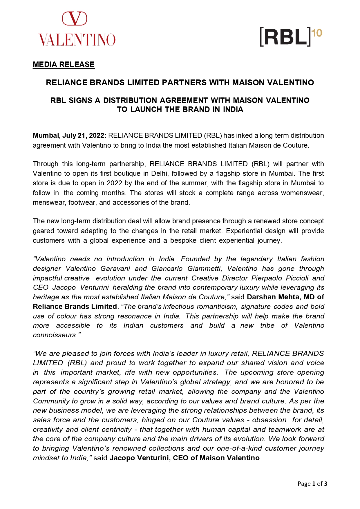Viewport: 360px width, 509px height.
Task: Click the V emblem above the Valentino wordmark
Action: (x=75, y=19)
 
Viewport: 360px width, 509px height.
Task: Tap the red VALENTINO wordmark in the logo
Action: (x=77, y=40)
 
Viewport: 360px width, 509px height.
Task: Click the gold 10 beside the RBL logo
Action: (x=318, y=33)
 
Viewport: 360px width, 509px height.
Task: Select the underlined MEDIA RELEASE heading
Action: (x=64, y=64)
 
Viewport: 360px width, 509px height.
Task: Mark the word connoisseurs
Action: (x=55, y=335)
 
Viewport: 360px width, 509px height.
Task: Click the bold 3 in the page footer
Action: (x=325, y=483)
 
